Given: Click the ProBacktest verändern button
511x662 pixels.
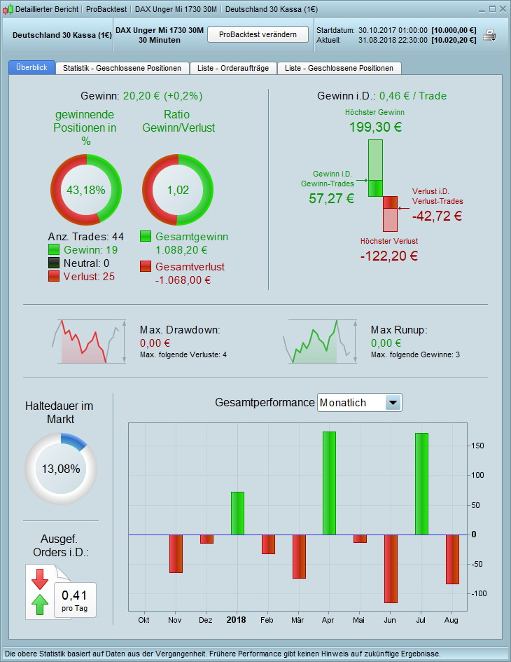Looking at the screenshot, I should [258, 34].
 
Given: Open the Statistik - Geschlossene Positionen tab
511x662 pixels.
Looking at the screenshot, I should [122, 68].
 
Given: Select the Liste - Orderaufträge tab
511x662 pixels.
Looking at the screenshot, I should [233, 68].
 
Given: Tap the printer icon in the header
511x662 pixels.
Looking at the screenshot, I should [490, 35].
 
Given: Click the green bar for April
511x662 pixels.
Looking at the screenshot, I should [329, 483].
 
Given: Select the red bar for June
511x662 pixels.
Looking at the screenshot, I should [391, 568].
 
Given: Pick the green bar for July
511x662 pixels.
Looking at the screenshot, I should [421, 483].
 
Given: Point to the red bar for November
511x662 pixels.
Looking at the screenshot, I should [176, 553].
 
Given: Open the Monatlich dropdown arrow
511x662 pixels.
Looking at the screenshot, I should [393, 403].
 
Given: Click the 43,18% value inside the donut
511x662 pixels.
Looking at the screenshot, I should [85, 189].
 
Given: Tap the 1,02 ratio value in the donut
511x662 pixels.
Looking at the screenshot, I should [178, 189].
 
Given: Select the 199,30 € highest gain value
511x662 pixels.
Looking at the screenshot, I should [375, 127].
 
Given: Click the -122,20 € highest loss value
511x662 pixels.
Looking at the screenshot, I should [389, 256].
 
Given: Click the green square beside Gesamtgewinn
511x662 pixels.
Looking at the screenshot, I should [146, 237].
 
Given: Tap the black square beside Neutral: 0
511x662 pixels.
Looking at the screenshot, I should [55, 263].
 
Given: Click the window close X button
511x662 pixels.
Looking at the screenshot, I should [503, 9].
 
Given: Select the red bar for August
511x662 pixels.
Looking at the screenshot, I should [452, 559].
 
